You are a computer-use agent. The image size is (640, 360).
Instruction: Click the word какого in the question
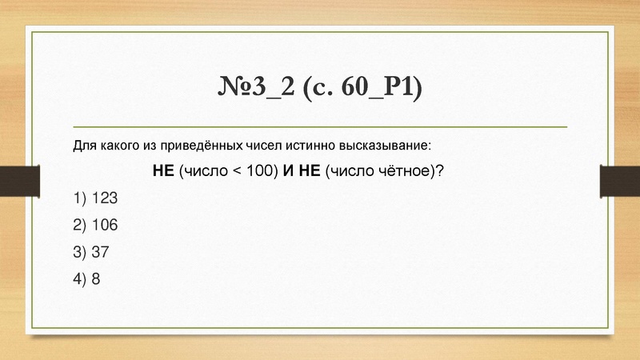point(119,147)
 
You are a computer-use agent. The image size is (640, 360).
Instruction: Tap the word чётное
point(400,172)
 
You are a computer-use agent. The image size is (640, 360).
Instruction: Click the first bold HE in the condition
point(163,172)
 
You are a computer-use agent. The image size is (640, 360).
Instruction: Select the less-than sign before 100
point(238,172)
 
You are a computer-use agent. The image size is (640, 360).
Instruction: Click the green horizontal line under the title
point(320,126)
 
